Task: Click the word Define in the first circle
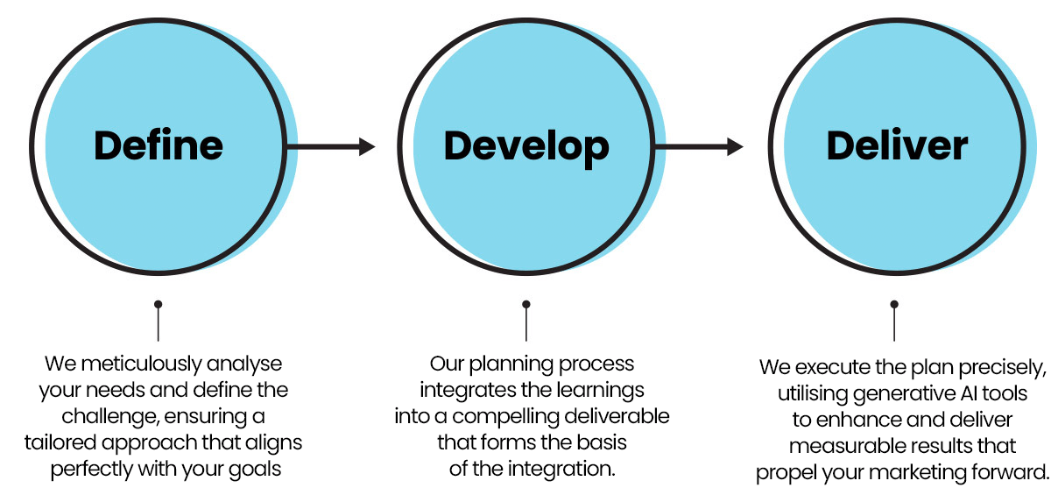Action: tap(159, 145)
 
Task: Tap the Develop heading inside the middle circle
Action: tap(526, 148)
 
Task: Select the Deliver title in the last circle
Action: tap(897, 145)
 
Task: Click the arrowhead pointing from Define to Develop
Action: tap(367, 146)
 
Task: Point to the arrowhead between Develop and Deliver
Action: tap(735, 146)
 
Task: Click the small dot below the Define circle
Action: tap(159, 305)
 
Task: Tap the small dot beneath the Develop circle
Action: tap(526, 305)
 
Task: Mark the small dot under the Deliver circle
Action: tap(894, 305)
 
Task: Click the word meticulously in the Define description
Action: tap(141, 364)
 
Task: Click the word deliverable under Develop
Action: tap(617, 416)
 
